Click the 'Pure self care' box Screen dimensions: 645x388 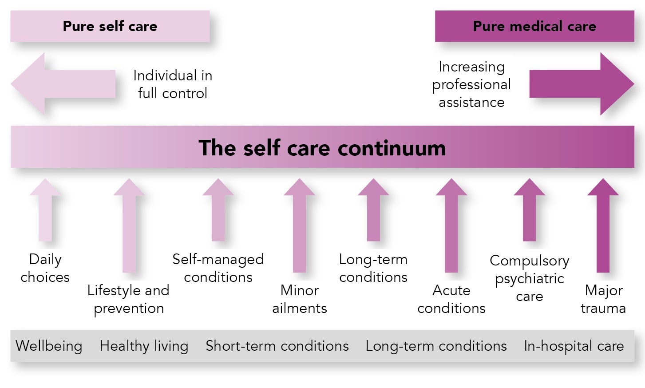pos(110,26)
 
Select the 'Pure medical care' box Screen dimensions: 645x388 pos(534,26)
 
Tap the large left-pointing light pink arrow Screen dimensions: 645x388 pos(63,84)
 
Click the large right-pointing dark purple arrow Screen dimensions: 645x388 pos(582,84)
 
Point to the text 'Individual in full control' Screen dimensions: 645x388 pos(173,84)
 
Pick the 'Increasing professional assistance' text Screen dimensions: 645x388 pos(471,84)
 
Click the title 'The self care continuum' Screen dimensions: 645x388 pos(322,148)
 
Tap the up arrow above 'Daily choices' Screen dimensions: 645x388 pos(45,210)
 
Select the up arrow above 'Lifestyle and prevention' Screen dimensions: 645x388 pos(129,225)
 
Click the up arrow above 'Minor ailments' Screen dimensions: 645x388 pos(300,225)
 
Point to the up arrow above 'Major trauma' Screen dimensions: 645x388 pos(603,225)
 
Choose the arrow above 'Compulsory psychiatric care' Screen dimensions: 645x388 pos(529,210)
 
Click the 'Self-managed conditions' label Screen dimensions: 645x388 pos(218,268)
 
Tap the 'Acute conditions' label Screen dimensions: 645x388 pos(451,299)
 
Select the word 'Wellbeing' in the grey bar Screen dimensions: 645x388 pos(49,346)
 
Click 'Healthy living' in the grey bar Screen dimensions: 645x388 pos(144,346)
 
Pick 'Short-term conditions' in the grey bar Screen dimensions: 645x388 pos(277,346)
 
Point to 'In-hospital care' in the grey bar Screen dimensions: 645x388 pos(574,346)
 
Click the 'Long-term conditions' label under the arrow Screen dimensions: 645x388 pos(373,268)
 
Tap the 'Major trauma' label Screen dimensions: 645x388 pos(603,299)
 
